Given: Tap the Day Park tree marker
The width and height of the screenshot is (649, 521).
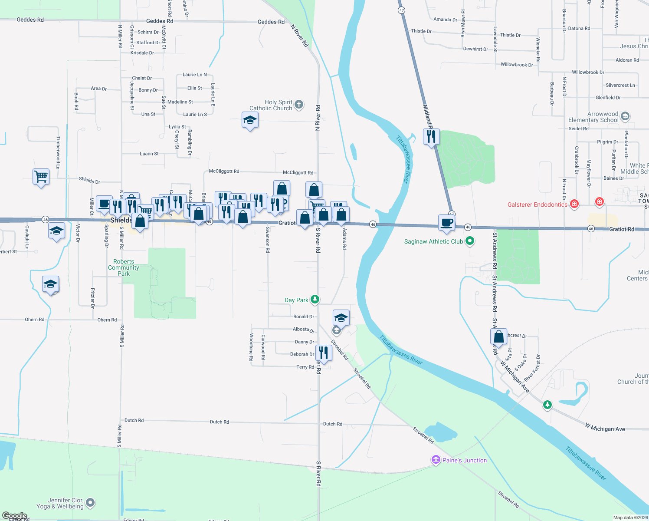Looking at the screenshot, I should [315, 300].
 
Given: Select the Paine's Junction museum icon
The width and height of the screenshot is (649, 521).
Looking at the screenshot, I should [436, 460].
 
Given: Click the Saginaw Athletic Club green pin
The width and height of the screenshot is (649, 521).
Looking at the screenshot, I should [469, 241].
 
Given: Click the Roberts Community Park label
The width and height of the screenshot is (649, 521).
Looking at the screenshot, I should [124, 267].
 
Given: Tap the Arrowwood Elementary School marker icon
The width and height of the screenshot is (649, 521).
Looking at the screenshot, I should [625, 116].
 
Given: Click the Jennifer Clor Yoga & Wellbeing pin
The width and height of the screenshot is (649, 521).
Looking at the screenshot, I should [90, 503].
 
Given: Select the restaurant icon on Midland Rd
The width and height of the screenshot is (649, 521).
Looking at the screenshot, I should [431, 137].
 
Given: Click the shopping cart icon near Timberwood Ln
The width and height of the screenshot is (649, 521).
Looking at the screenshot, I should [41, 177].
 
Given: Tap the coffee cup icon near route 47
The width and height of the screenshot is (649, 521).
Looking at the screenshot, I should [447, 223].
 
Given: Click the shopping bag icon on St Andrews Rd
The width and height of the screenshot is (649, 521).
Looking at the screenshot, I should [499, 336].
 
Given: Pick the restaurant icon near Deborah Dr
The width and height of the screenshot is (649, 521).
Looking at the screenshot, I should [324, 353].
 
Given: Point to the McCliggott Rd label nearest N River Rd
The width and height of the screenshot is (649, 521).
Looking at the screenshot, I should [298, 173].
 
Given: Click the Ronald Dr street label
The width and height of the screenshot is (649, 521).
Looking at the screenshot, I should [303, 317].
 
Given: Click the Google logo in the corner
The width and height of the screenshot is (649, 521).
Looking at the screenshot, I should [14, 516].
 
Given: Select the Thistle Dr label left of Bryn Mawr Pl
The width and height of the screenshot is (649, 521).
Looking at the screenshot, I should [421, 31].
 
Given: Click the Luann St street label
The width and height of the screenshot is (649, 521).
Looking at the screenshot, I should [149, 154].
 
